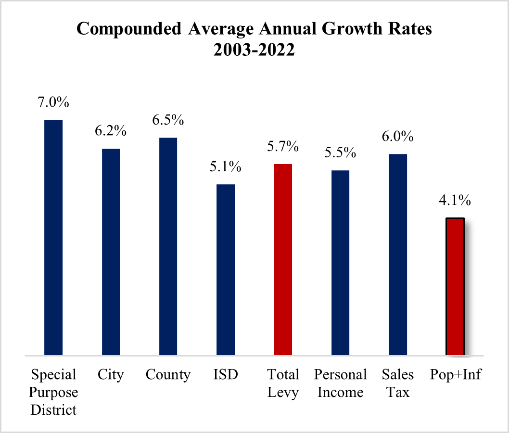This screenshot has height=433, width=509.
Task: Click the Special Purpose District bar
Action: point(53,238)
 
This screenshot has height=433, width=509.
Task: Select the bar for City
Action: point(111,252)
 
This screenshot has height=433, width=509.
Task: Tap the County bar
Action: point(168,246)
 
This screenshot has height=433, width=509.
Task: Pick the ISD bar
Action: point(226,270)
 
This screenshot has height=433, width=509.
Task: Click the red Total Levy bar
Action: point(283,260)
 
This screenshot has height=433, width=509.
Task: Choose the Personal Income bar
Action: point(340,263)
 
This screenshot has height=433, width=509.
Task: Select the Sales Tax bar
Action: point(398,255)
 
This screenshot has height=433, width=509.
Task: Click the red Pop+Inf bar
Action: point(455,287)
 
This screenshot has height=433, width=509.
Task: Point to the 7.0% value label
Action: point(53,102)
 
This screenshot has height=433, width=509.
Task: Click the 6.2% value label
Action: point(111,131)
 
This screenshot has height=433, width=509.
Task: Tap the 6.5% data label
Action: point(168,120)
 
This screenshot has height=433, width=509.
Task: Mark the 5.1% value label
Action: point(226,167)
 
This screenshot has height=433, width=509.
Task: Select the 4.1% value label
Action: point(455,200)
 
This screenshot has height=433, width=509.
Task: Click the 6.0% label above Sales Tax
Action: point(398,137)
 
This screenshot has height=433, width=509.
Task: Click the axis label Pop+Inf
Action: point(455,375)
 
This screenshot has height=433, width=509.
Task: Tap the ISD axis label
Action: point(226,375)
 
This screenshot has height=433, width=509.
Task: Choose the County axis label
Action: point(168,375)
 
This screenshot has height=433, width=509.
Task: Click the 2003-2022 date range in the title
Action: point(254,50)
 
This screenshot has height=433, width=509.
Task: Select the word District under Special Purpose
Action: point(53,410)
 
